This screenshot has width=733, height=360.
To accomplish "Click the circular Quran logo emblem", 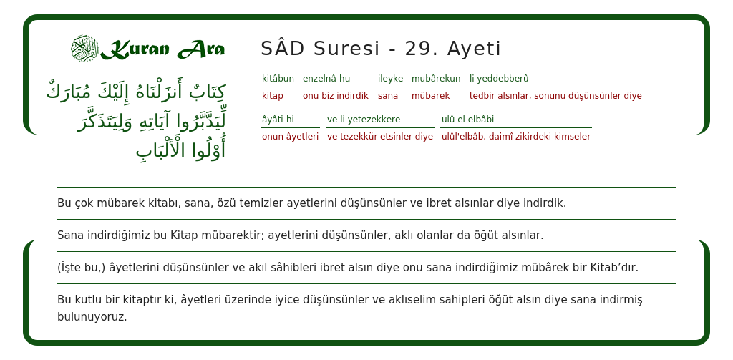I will [x=84, y=48].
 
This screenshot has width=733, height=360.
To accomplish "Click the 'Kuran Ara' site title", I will [x=162, y=49].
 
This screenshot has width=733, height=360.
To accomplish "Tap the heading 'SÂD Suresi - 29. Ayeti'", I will [x=381, y=49].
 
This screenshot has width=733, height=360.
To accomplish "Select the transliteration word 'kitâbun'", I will [x=278, y=79].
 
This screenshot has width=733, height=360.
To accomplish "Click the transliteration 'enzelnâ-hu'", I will [x=326, y=79].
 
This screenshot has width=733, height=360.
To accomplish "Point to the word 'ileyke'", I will [x=390, y=79].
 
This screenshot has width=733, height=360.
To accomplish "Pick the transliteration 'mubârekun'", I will [x=436, y=79].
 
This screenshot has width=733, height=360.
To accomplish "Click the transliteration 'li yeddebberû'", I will [x=499, y=79].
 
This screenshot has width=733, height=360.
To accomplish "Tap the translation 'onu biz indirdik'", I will [x=335, y=96].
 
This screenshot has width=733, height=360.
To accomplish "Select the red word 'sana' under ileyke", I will [x=388, y=96].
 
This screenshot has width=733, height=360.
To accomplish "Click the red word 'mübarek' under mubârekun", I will [x=430, y=96].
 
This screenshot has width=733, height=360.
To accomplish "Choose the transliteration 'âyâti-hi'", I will [x=278, y=120].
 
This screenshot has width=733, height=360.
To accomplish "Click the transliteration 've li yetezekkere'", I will [x=364, y=120].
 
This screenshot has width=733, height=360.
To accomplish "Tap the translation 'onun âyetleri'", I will [x=290, y=137].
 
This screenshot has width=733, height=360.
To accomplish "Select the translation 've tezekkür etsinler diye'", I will [x=380, y=137].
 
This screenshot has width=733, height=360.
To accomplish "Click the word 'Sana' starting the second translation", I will [x=70, y=235].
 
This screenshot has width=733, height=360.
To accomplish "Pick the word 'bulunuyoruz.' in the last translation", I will [x=92, y=316].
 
